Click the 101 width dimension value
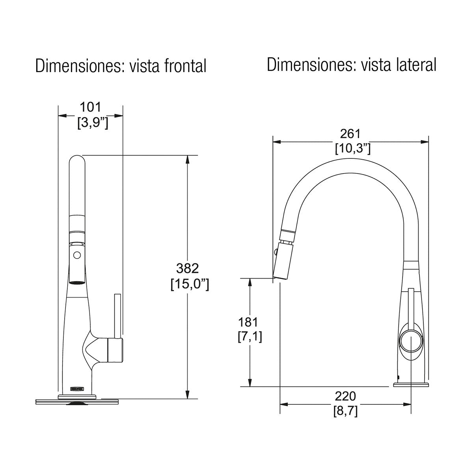(91, 107)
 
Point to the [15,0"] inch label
(190, 284)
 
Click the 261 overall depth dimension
(350, 134)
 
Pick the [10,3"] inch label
(352, 149)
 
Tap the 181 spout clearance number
(248, 322)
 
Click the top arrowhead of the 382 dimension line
(188, 159)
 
